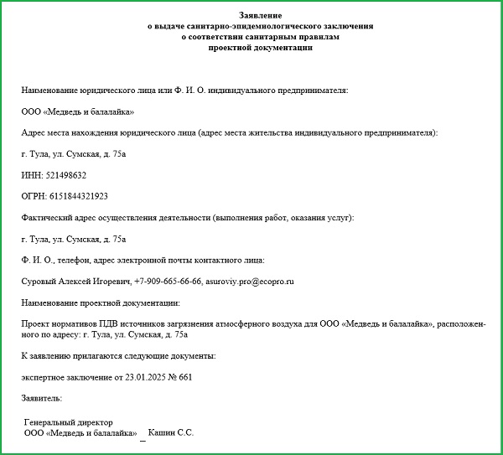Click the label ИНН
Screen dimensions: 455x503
(29, 175)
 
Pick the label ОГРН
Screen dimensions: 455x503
(33, 196)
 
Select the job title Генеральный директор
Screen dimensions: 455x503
(69, 422)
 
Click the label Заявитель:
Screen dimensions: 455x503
(42, 398)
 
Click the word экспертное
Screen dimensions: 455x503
(45, 377)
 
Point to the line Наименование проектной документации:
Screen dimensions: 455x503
(101, 302)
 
